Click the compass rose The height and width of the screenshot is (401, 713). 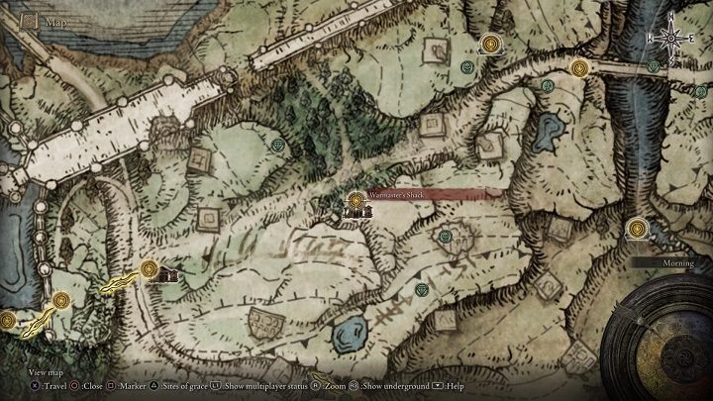pos(671,37)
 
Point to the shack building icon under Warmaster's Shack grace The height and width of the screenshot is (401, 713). pos(355,210)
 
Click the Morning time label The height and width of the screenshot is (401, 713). pos(672,262)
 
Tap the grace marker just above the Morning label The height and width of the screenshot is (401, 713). pos(636,229)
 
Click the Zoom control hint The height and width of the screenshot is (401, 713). pos(336,385)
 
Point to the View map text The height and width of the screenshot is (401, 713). pos(46,371)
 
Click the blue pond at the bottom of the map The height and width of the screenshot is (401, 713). pos(348,334)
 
